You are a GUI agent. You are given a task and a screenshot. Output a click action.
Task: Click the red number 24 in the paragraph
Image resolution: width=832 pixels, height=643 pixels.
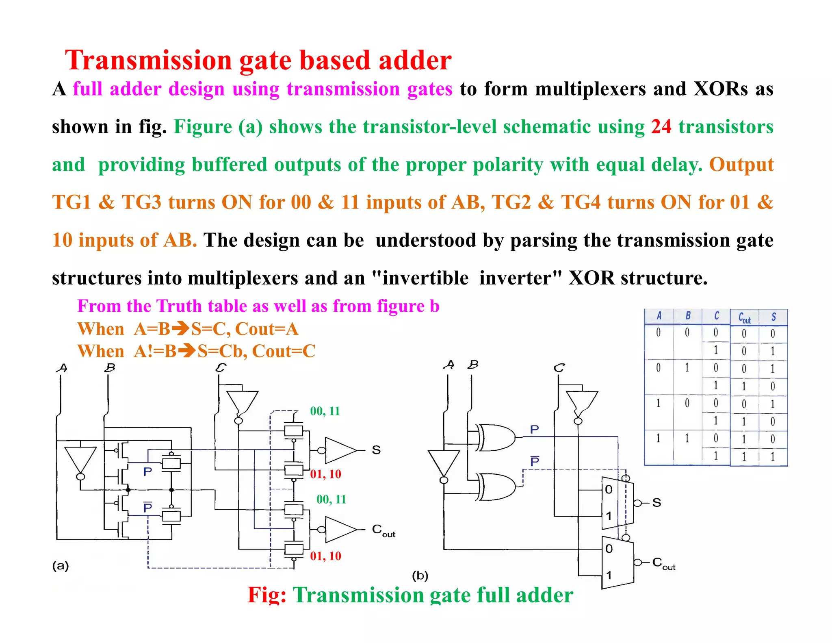(661, 127)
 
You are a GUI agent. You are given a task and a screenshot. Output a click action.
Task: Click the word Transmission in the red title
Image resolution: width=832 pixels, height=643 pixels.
(148, 61)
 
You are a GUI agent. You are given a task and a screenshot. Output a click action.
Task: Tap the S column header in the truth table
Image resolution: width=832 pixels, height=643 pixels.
(773, 317)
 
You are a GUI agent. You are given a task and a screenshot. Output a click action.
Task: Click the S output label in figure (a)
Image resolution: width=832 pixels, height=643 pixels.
(376, 450)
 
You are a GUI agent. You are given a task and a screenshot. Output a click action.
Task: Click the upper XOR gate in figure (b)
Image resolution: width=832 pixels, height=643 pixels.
(495, 437)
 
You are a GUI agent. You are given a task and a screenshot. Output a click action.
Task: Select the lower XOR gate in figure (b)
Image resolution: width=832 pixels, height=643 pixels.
(495, 486)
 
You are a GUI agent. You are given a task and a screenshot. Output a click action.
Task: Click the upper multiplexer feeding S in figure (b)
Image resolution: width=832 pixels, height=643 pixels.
(617, 503)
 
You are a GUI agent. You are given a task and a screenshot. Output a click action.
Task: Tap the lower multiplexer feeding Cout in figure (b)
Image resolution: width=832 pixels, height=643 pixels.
(617, 563)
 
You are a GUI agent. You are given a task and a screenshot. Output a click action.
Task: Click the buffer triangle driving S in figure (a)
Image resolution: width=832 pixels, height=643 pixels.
(340, 450)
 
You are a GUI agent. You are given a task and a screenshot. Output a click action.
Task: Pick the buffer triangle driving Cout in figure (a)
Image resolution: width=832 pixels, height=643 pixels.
(340, 529)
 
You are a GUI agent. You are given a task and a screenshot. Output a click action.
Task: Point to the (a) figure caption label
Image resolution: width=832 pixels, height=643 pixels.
(61, 566)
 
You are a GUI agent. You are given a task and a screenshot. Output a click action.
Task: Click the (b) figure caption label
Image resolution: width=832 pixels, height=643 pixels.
(420, 576)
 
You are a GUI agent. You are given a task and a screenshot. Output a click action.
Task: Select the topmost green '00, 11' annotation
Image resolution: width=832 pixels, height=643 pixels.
(325, 411)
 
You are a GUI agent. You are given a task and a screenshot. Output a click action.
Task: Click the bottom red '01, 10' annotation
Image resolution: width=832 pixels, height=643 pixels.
(325, 556)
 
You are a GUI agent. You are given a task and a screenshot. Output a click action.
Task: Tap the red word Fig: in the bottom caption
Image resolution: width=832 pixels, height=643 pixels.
(267, 595)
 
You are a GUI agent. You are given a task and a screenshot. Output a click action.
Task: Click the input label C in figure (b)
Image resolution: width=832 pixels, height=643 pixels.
(559, 368)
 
